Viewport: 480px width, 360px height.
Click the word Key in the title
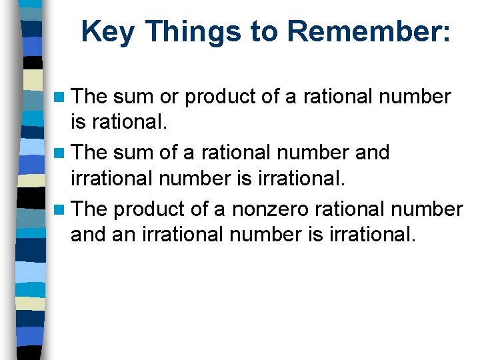(x=107, y=31)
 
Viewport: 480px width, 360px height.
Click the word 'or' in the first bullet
(x=169, y=97)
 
